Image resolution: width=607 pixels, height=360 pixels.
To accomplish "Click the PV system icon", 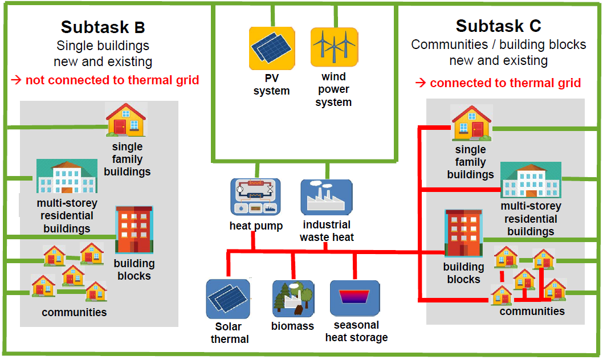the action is point(272,48).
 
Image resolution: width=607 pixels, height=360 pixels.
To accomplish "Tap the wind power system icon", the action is point(334,47).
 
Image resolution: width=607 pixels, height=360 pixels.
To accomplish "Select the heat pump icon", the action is point(255,197).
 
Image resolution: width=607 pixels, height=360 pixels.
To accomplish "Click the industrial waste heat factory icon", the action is point(327,197).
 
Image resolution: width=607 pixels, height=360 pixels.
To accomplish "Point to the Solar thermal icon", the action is point(228,299).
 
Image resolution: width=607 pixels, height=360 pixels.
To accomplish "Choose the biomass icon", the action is point(293,299).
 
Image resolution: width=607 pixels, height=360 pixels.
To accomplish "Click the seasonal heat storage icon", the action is point(355,298).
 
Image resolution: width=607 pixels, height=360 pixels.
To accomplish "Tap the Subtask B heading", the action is point(103,27).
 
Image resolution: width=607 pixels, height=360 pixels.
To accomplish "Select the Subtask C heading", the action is point(498,26).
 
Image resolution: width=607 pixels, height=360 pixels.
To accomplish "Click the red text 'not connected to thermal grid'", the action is point(112,80).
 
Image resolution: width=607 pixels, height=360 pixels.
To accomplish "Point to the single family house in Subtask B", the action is point(126,120).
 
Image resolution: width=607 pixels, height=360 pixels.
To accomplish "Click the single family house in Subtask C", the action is point(471,122).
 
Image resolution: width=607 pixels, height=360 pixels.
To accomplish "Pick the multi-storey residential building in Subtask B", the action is point(67,176).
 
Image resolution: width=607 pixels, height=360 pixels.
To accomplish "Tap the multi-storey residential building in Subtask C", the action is point(531,179).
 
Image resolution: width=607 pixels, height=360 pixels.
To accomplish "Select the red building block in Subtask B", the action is point(134,230).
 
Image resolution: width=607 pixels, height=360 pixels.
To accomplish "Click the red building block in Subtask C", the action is point(463,233).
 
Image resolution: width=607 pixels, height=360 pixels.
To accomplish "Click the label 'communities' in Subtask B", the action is point(74,312).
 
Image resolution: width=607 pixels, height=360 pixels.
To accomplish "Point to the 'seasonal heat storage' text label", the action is point(357,332).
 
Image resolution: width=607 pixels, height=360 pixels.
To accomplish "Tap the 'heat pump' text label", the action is point(256,226).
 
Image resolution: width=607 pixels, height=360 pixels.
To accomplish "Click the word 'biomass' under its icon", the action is point(292,326).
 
